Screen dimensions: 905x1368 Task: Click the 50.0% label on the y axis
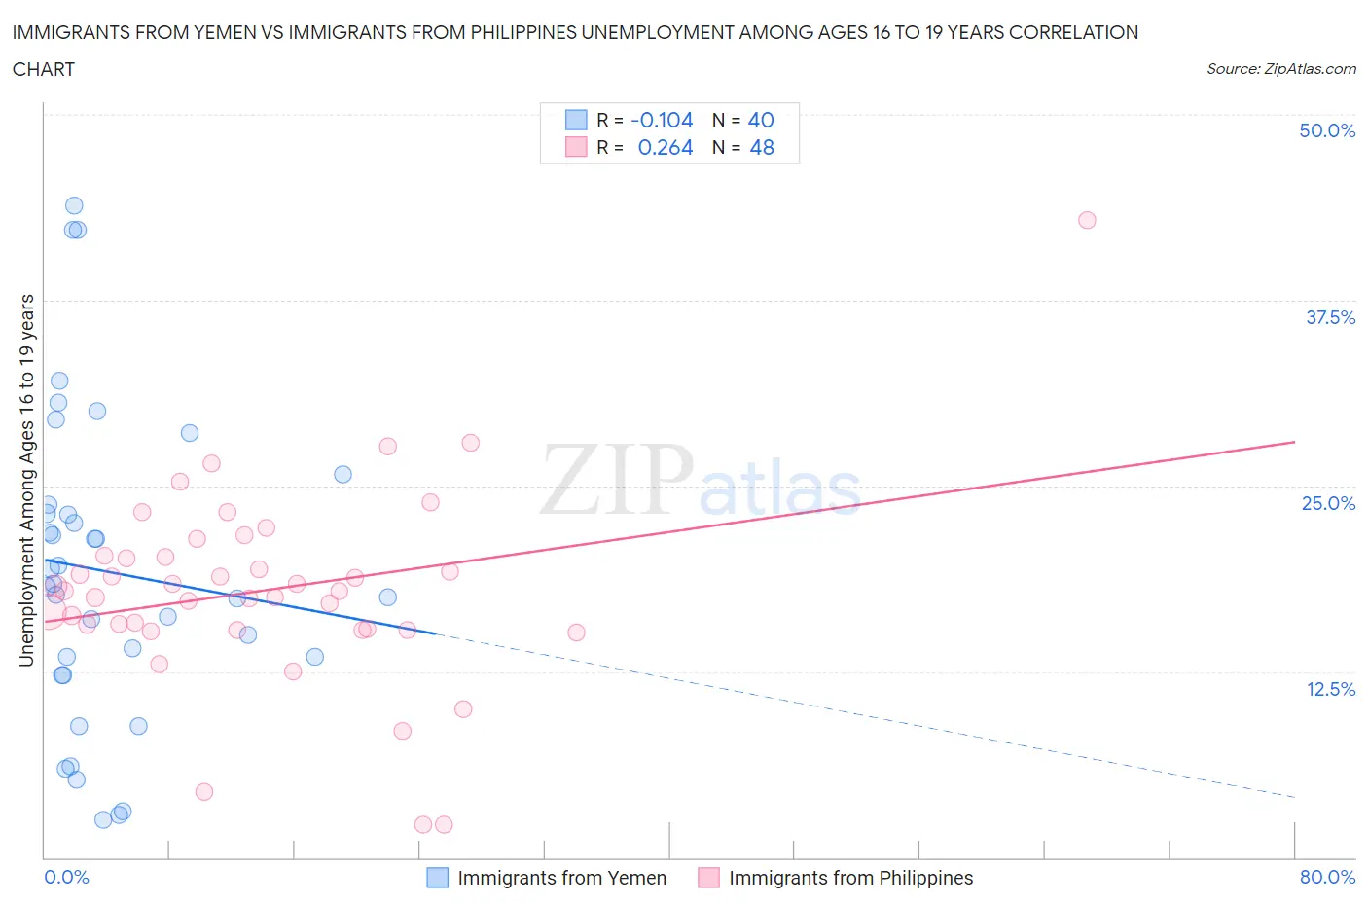pos(1327,130)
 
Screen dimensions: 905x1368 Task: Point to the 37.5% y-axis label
pos(1330,317)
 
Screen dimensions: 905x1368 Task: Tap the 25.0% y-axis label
pos(1328,503)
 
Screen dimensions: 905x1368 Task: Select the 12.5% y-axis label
pos(1330,689)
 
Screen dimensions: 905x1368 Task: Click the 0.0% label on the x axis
pos(66,877)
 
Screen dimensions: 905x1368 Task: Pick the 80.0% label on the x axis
pos(1327,877)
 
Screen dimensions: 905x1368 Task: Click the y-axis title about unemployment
pos(26,480)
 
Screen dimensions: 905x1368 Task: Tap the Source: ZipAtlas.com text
pos(1280,69)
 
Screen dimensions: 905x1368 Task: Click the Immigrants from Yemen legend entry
pos(561,878)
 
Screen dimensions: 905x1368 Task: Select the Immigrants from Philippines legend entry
pos(850,878)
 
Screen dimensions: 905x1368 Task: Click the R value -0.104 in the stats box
pos(662,120)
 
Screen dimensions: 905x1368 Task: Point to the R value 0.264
pos(666,147)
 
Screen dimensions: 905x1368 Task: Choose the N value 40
pos(761,120)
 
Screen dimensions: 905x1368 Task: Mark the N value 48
pos(762,147)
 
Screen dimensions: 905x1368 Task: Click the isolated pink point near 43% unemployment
pos(1087,220)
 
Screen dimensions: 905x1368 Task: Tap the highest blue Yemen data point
pos(74,205)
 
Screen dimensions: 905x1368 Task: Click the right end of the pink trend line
pos(1294,442)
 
